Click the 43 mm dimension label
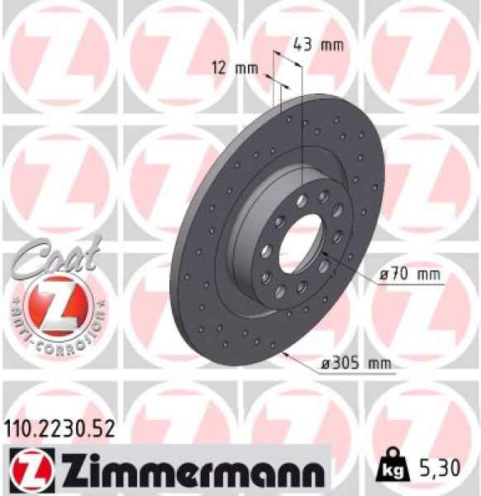point(319,45)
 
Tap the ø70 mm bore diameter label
point(408,272)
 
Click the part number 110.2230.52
point(57,427)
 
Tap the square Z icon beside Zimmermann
point(27,468)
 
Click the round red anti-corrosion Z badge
point(55,303)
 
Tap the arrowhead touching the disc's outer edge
point(285,353)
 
